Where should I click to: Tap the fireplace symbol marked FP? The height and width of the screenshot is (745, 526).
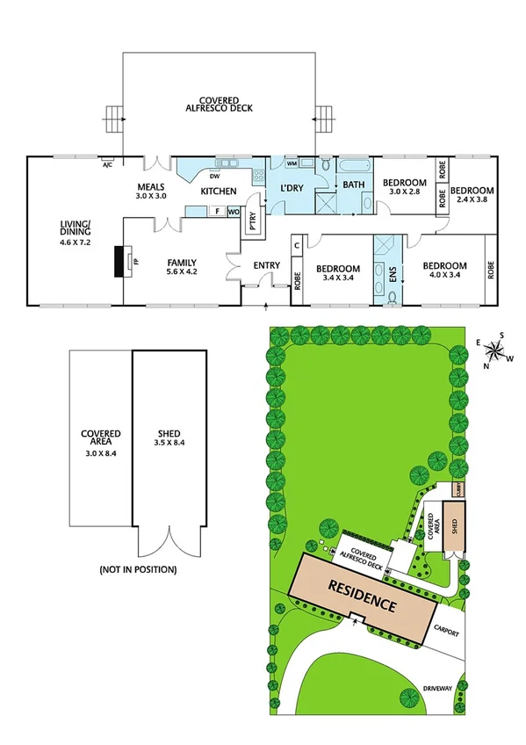[x=119, y=261]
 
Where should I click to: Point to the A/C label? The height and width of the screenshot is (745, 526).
[x=107, y=164]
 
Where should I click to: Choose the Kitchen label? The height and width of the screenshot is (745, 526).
[x=219, y=191]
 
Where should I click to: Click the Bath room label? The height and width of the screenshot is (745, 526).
[x=354, y=184]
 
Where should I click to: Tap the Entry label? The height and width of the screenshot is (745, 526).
[x=266, y=265]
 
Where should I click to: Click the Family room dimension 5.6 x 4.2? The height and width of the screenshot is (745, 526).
[x=181, y=272]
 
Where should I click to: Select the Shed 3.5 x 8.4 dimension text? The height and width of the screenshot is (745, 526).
[x=171, y=444]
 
